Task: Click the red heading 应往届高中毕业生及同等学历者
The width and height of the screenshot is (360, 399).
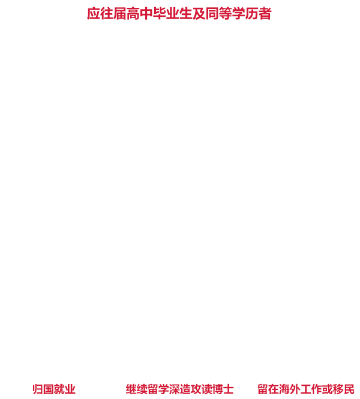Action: point(179,13)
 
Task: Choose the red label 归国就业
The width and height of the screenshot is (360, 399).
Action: point(54,389)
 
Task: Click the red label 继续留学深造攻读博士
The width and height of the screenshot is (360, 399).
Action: point(179,389)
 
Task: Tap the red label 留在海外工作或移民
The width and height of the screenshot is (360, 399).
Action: point(305,389)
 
